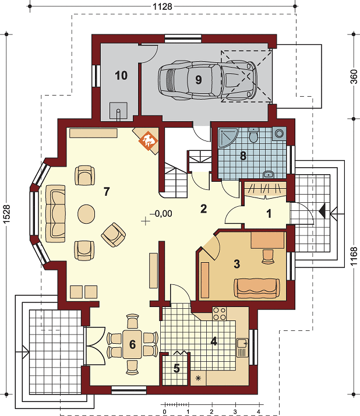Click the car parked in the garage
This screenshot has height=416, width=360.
208,80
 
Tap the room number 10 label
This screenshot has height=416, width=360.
121,76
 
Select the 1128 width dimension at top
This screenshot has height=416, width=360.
163,6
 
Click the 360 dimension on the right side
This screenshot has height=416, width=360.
354,76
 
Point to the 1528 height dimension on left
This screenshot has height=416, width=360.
6,214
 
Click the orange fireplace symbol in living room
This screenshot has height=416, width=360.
149,140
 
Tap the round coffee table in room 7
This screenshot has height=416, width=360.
86,214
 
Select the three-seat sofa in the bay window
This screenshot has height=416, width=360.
55,214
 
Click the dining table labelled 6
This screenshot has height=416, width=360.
132,344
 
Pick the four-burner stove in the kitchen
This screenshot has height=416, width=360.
219,313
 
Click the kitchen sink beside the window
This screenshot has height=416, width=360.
242,348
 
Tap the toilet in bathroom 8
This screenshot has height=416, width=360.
253,135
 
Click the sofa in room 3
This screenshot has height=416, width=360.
256,288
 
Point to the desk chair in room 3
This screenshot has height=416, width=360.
268,256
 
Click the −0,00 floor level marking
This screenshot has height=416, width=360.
161,213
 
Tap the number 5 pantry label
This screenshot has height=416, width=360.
177,368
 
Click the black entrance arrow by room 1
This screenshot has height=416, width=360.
322,211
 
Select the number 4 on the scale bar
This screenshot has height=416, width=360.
259,412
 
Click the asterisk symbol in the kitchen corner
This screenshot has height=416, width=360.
198,378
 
